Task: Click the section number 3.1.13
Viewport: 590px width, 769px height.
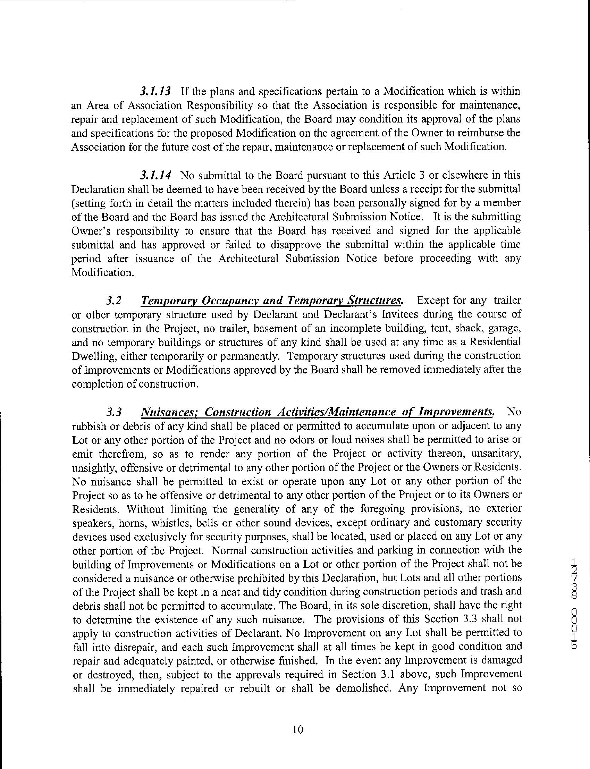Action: (x=155, y=92)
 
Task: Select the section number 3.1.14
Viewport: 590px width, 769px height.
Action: (x=155, y=175)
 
